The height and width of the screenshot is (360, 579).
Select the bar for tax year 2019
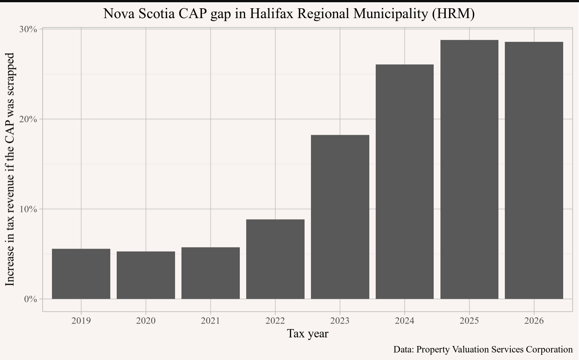[81, 274]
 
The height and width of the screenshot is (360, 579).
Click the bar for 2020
[146, 275]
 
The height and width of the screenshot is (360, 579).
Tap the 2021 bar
[210, 273]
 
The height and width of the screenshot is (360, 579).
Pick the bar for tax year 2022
[275, 259]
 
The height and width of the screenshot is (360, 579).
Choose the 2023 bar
[340, 217]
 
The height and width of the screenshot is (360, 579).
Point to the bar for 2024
[405, 182]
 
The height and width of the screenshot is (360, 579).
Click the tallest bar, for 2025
[469, 169]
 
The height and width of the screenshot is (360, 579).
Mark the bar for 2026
[534, 170]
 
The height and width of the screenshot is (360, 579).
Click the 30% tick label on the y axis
[28, 29]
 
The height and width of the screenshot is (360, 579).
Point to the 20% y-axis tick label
[28, 119]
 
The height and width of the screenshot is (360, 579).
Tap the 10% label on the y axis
[28, 209]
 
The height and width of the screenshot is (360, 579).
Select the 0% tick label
[30, 299]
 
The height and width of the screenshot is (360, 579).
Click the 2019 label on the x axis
[81, 321]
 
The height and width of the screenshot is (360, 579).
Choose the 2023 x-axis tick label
[340, 321]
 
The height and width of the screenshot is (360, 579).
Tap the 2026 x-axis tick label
[534, 321]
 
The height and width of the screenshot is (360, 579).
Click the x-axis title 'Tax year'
[308, 334]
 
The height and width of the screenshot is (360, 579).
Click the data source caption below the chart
[483, 349]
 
